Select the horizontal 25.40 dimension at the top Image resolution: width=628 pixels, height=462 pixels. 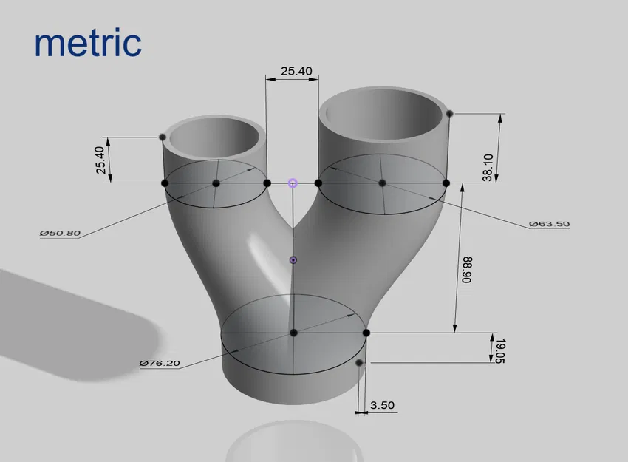pos(296,72)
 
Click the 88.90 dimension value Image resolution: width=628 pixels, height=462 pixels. pos(466,271)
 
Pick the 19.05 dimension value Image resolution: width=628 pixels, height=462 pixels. pos(500,349)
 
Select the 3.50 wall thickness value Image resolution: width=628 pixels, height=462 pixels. pos(383,405)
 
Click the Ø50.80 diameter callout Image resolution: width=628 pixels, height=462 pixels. pos(60,233)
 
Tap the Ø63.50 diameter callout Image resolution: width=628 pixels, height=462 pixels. pos(549,223)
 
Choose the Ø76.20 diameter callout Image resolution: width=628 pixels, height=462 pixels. pos(160,363)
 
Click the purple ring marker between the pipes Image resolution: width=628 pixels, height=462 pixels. pos(293,183)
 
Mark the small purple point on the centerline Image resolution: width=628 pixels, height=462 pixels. pos(293,260)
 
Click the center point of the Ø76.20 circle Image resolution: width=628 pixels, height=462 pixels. pos(293,333)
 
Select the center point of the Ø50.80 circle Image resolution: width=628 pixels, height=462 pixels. pos(216,183)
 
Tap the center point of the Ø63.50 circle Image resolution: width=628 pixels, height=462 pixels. pos(382,183)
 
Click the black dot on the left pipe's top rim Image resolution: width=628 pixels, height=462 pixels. pos(162,137)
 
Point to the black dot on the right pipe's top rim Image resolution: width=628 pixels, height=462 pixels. pos(449,113)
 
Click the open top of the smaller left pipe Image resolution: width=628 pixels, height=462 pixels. pos(216,137)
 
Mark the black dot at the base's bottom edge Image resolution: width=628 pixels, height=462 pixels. pos(359,363)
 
